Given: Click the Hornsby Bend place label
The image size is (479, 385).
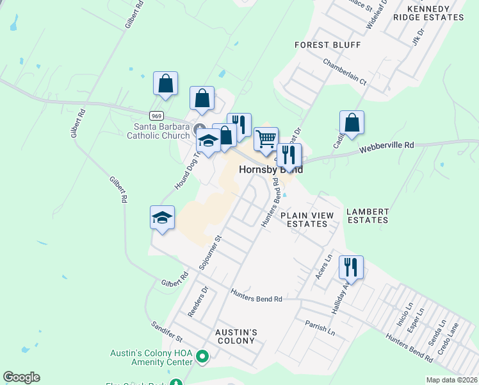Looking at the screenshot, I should [x=270, y=170].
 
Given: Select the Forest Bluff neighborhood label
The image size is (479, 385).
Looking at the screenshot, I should [x=327, y=45].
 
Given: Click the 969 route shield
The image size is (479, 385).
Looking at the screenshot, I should [x=156, y=116].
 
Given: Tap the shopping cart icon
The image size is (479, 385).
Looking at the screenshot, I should [x=266, y=138].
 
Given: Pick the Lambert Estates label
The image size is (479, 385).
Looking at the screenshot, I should [x=367, y=216].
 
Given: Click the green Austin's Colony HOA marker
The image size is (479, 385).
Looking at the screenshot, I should [x=203, y=355].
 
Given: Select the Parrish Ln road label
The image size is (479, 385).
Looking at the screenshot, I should [x=320, y=329].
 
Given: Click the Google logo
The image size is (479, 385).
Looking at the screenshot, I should [x=21, y=377].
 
